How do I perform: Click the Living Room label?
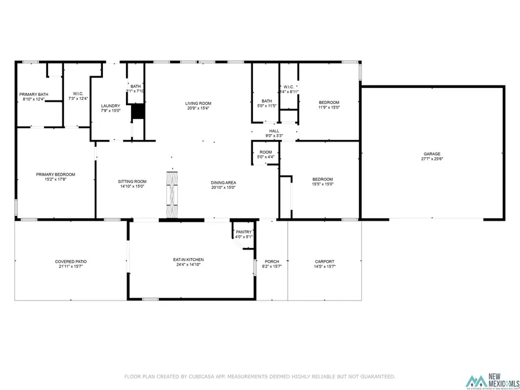point(198,102)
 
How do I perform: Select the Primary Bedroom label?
point(55,174)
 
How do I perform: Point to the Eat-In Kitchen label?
point(188,259)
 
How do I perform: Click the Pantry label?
point(243,232)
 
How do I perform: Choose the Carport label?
point(324,261)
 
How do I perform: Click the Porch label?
point(272,261)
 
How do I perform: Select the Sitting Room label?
point(132,181)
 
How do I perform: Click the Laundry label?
point(110,106)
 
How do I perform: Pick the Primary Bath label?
point(34,94)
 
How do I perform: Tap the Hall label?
point(274,131)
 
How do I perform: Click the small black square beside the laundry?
point(138,112)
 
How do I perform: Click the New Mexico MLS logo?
point(492,381)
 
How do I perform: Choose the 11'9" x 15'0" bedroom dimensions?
point(329,107)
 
